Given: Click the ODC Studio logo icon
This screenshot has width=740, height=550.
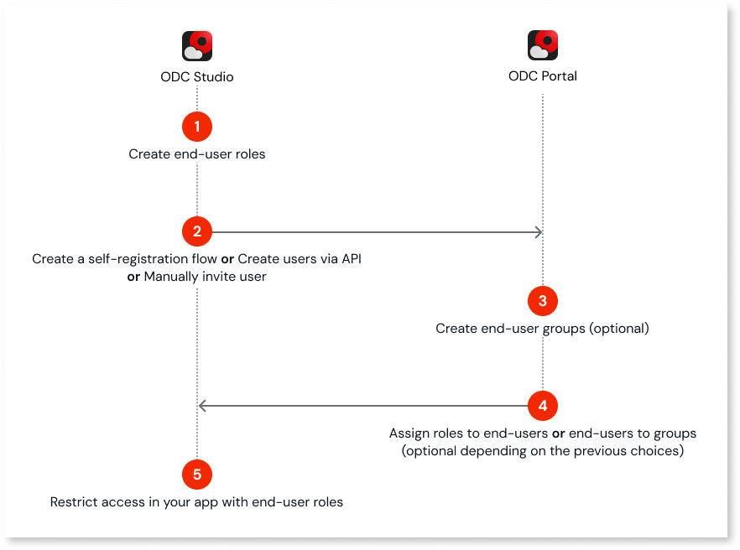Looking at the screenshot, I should [x=197, y=46].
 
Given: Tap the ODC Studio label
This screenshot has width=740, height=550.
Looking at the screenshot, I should [x=197, y=77].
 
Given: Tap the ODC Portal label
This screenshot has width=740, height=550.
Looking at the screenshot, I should [x=543, y=76].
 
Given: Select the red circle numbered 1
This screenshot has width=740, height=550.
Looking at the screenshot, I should [x=197, y=127].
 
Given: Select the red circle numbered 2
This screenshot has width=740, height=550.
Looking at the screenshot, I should [x=197, y=231].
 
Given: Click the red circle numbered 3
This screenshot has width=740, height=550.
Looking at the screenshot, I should [x=543, y=301].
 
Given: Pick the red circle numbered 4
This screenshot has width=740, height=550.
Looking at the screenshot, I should [x=543, y=406].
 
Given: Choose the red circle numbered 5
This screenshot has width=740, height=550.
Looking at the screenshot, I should [x=197, y=475].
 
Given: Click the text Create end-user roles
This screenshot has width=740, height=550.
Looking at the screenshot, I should [x=197, y=154].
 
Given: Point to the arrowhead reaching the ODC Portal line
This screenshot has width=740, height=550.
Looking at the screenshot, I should [x=536, y=231].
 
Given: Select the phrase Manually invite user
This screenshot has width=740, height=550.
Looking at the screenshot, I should [x=205, y=277].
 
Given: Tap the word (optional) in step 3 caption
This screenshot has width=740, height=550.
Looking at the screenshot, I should [x=619, y=329].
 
